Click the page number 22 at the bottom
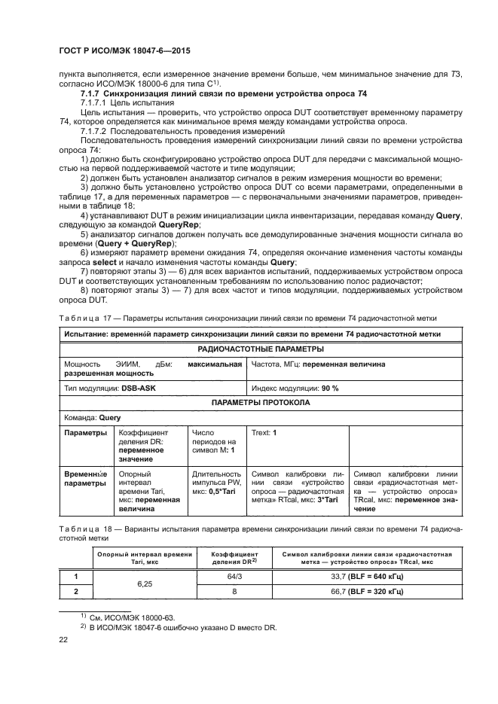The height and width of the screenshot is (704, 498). (63, 639)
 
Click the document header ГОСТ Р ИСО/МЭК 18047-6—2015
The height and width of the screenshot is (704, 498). (124, 50)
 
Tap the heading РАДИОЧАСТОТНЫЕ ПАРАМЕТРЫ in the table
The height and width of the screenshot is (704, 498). (249, 349)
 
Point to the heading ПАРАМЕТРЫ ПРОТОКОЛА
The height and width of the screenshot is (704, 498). (249, 402)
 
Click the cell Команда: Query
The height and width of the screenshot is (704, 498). (93, 417)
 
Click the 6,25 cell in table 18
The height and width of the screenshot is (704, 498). (146, 584)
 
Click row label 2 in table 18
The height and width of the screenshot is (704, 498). (75, 591)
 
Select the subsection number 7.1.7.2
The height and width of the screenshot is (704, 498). (97, 131)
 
